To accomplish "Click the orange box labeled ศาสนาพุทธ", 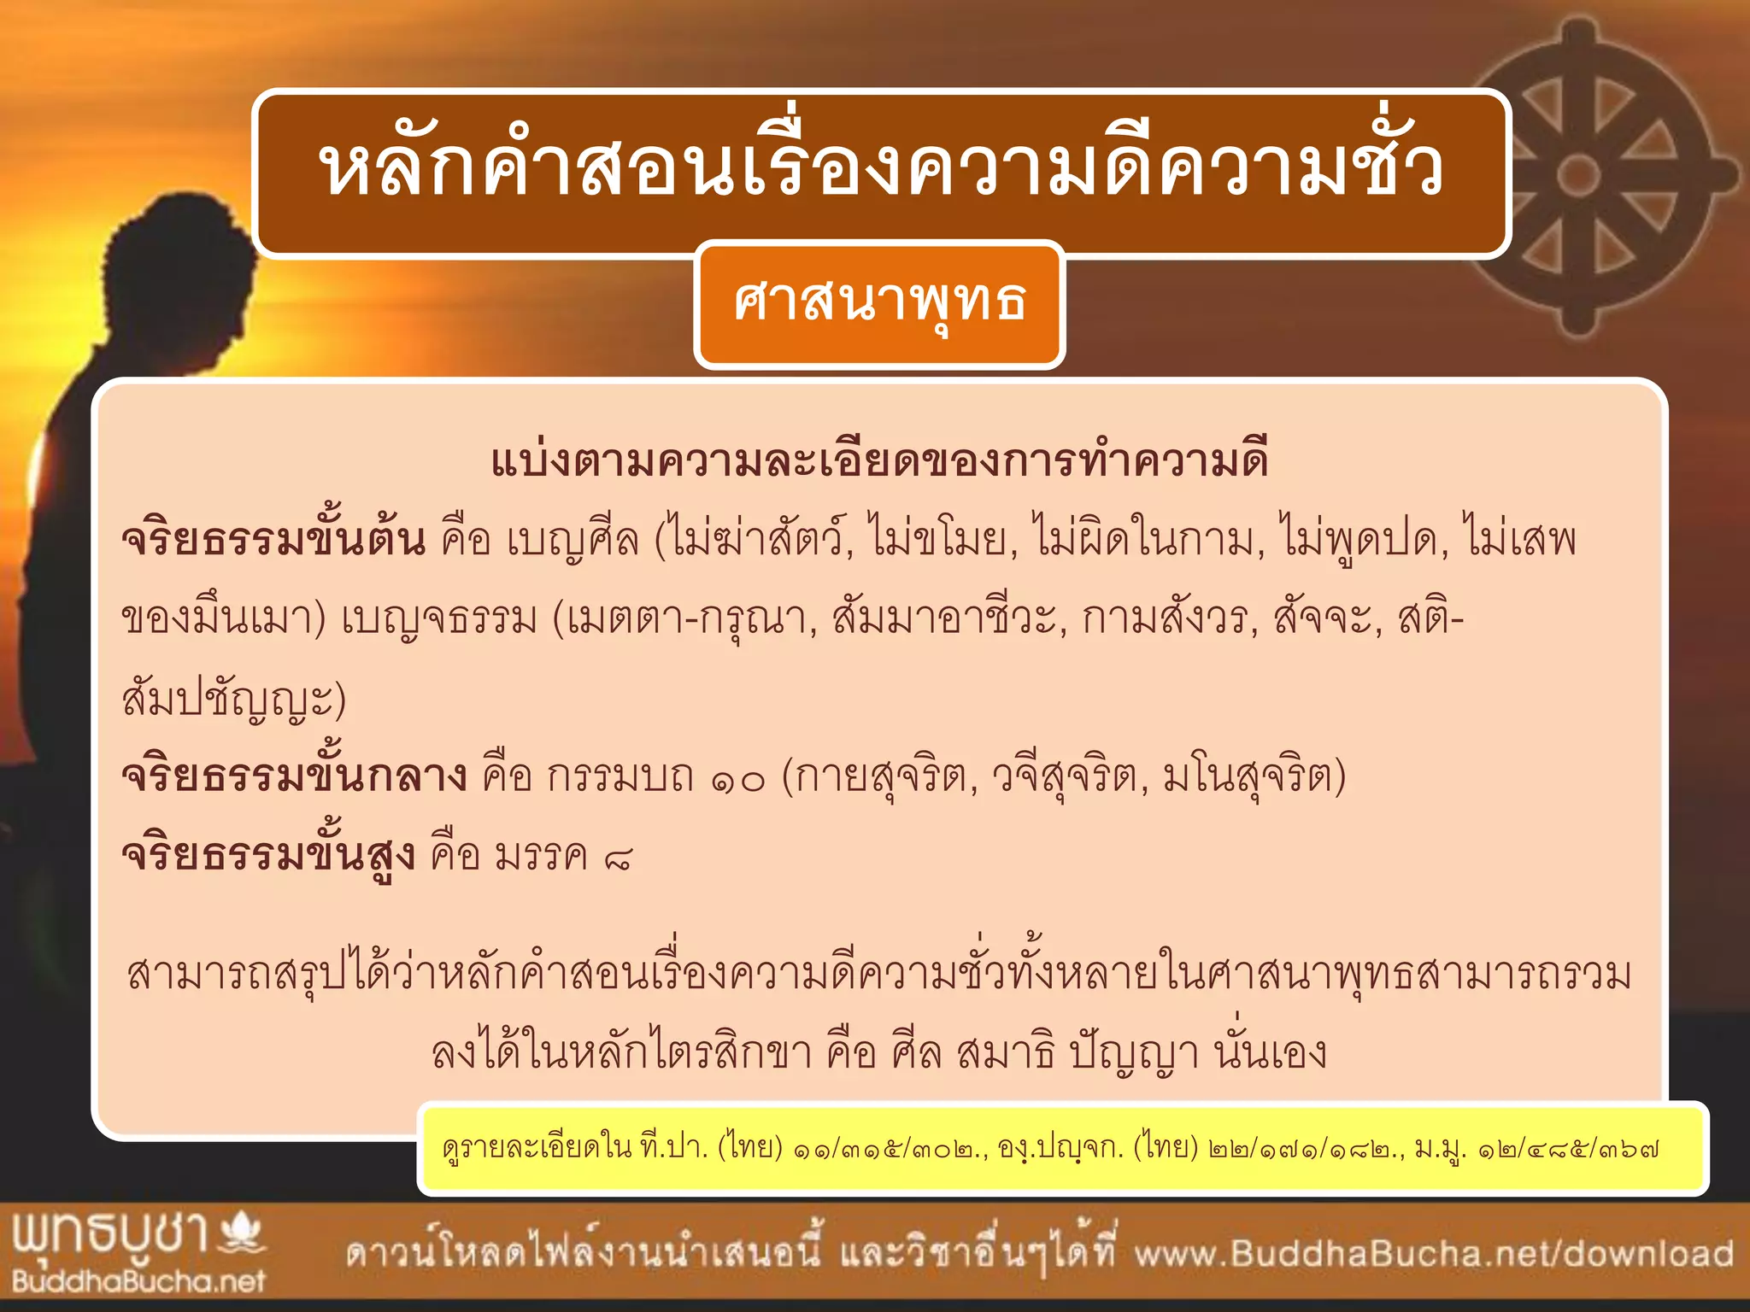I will pyautogui.click(x=879, y=304).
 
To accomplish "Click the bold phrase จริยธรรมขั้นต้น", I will pyautogui.click(x=273, y=540).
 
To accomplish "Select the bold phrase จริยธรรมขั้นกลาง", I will pyautogui.click(x=294, y=776).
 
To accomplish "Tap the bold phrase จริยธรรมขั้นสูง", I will pyautogui.click(x=268, y=855).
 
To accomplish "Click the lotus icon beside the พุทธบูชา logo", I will pyautogui.click(x=243, y=1235).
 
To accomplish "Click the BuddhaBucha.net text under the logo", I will pyautogui.click(x=138, y=1281).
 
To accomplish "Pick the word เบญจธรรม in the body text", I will pyautogui.click(x=439, y=618).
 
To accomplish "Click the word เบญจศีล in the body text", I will pyautogui.click(x=573, y=540).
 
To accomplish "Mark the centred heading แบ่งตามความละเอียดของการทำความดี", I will pyautogui.click(x=879, y=460).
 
